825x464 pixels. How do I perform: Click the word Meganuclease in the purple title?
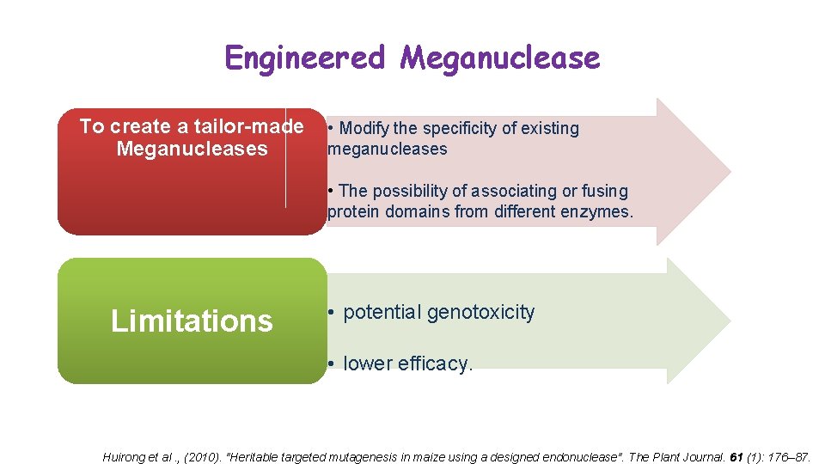500,58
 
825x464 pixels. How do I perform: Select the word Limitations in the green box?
192,321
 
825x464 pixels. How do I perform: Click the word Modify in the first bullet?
364,129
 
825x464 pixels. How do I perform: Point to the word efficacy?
436,364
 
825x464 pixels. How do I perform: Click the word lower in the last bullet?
367,364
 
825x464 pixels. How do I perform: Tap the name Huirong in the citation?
125,457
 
